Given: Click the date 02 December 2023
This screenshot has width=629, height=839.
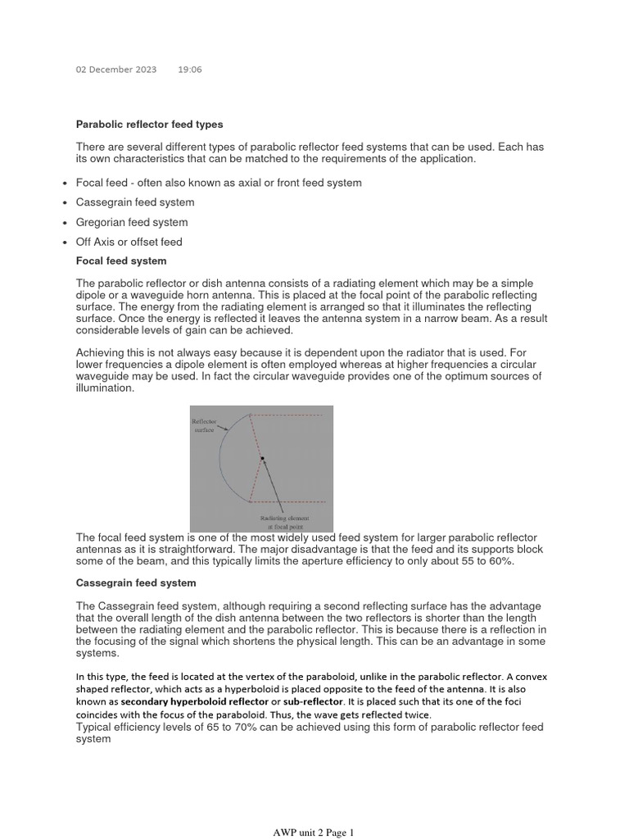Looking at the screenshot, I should pyautogui.click(x=115, y=70).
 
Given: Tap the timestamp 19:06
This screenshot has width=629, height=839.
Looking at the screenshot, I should pyautogui.click(x=189, y=70).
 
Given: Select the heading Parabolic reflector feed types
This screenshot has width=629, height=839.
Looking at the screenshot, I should pyautogui.click(x=149, y=125).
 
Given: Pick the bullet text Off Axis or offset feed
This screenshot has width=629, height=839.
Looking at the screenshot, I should pyautogui.click(x=129, y=242).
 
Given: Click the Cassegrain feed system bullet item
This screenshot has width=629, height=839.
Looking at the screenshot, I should pyautogui.click(x=135, y=202).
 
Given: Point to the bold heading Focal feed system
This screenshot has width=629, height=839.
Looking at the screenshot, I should pyautogui.click(x=120, y=261).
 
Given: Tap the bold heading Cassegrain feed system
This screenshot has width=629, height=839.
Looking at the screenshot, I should pyautogui.click(x=136, y=583).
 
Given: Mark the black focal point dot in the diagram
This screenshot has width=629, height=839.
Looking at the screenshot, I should pyautogui.click(x=262, y=459).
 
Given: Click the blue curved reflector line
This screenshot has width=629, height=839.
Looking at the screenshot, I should pyautogui.click(x=221, y=459).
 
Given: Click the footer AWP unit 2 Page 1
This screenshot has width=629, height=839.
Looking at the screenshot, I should pyautogui.click(x=314, y=832).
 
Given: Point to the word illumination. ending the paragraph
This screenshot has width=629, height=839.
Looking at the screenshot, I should pyautogui.click(x=105, y=388).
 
